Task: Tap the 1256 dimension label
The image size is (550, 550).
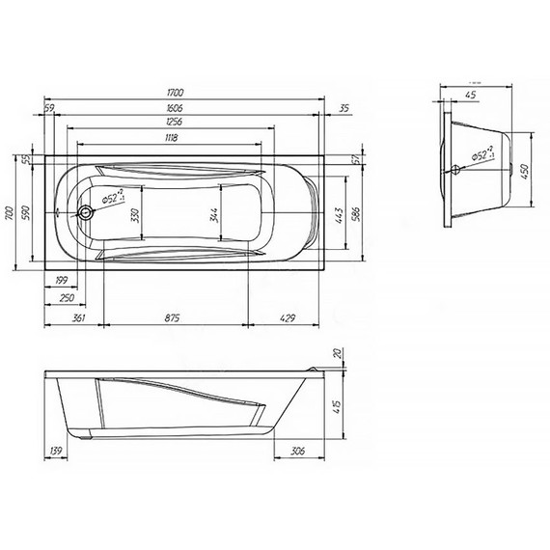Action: (x=173, y=124)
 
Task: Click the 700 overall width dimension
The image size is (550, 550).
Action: (x=9, y=214)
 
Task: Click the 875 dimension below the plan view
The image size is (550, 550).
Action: (x=174, y=317)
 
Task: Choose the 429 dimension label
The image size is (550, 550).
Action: (x=287, y=317)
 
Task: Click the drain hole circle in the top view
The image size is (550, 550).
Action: (x=87, y=213)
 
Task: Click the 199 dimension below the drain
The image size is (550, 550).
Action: (x=63, y=281)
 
